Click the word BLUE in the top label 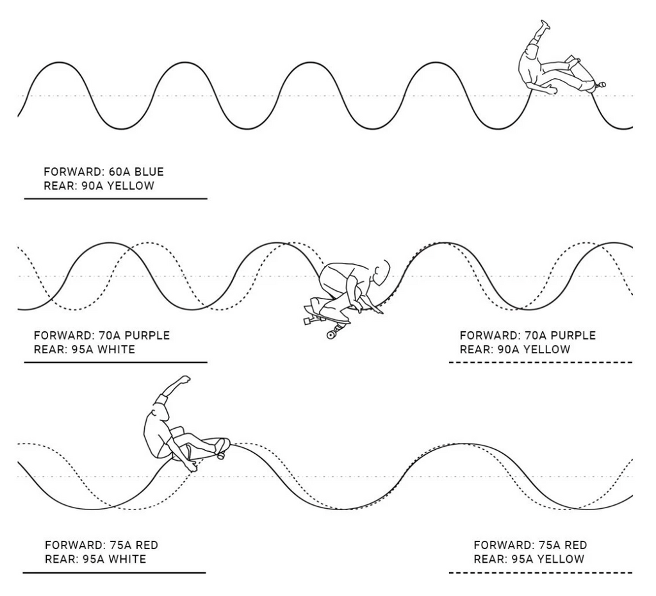coord(149,172)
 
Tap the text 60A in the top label coord(119,172)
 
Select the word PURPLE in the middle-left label coord(147,335)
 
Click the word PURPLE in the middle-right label coord(573,335)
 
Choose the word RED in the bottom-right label coord(576,545)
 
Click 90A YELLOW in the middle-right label coord(534,349)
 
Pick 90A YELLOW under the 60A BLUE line coord(118,185)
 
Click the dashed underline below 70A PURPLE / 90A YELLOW coord(541,363)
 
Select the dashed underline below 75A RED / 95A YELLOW coord(541,572)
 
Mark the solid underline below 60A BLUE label coord(116,199)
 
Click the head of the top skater coord(532,53)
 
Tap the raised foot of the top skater coord(545,25)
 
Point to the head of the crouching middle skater coord(381,272)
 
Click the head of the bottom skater coord(161,412)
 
